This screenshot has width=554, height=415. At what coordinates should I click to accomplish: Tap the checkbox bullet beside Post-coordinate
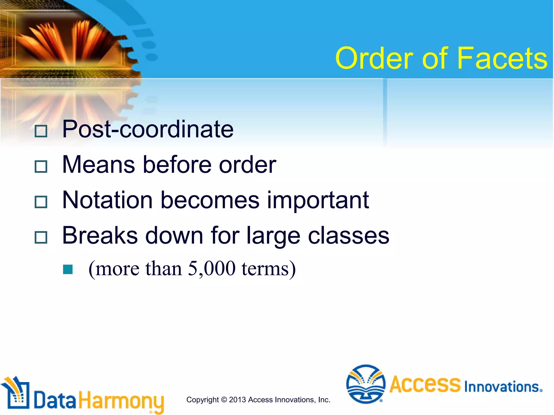pos(41,131)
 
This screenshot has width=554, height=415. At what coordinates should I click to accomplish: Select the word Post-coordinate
pos(148,129)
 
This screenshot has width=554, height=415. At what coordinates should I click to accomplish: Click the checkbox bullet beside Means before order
pos(41,166)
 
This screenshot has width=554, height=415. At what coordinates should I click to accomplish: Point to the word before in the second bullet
pos(177,165)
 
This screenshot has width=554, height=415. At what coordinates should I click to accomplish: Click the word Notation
pos(108,200)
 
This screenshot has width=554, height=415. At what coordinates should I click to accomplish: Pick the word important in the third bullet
pos(318,200)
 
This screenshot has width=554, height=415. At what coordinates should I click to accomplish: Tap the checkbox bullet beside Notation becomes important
pos(41,202)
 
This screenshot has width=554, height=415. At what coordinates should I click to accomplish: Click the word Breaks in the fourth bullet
pos(100,236)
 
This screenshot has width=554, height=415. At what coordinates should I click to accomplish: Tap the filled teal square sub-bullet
pos(68,269)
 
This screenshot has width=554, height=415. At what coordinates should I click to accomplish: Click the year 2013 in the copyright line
pos(238,400)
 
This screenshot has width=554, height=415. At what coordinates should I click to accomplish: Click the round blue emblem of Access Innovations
pos(366,384)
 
